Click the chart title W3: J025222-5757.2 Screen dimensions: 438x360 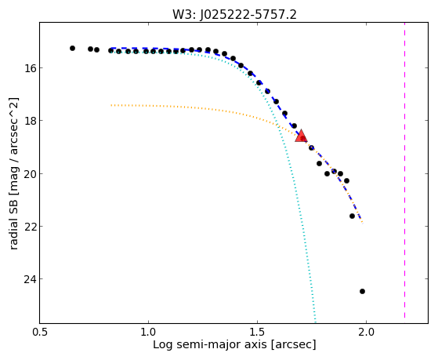(x=234, y=15)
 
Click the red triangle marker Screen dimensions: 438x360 (x=301, y=136)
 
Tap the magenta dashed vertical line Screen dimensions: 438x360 (x=404, y=170)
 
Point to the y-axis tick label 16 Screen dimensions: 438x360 (x=30, y=68)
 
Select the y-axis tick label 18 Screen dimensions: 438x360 (x=30, y=121)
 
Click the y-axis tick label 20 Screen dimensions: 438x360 (x=30, y=173)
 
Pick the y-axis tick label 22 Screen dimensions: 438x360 (x=30, y=226)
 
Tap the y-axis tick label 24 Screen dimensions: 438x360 (x=30, y=279)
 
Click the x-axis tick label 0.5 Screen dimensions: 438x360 (x=40, y=332)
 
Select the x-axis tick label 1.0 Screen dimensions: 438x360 (x=148, y=332)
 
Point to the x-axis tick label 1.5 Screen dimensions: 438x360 (x=257, y=332)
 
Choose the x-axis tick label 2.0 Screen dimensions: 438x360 (x=366, y=332)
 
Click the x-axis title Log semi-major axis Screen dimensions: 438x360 (x=210, y=344)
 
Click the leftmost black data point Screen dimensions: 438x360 (x=72, y=48)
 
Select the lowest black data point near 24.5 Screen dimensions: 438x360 (x=362, y=291)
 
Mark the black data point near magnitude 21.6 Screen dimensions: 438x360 (x=352, y=216)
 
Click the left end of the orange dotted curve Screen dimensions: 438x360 (x=111, y=105)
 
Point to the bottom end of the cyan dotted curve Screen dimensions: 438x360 (x=315, y=322)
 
